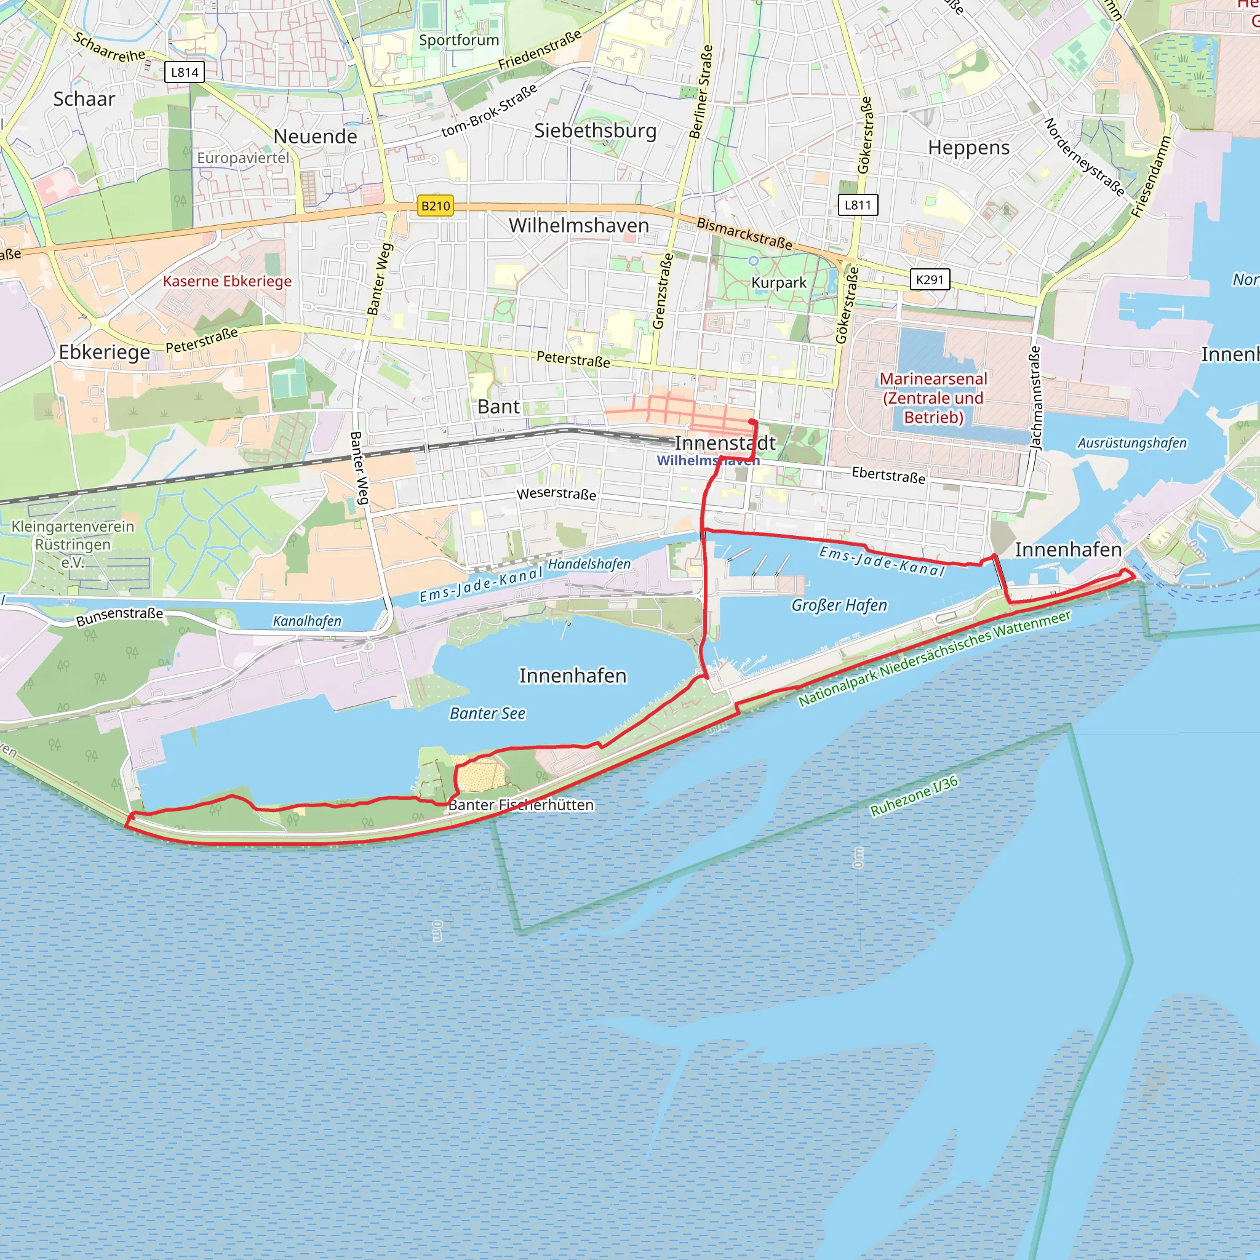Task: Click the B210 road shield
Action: pos(435,206)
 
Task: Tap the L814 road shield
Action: pos(185,72)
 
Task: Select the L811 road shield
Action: pos(858,205)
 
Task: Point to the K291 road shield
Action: pos(930,279)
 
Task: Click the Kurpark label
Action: pos(779,282)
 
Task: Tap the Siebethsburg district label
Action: pos(595,130)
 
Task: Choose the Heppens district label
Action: pos(968,148)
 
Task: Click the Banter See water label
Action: pos(487,714)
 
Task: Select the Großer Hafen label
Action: pos(839,605)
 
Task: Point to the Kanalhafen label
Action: pos(306,621)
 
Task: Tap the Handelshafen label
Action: pos(589,564)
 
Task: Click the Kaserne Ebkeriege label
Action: pos(227,281)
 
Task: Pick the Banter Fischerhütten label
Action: pos(521,805)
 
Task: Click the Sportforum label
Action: pos(458,40)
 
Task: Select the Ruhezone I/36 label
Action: pos(914,795)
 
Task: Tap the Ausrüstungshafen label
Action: pos(1131,443)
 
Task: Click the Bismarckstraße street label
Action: pos(744,233)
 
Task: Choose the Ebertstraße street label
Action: pos(888,475)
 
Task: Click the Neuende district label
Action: pos(315,137)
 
